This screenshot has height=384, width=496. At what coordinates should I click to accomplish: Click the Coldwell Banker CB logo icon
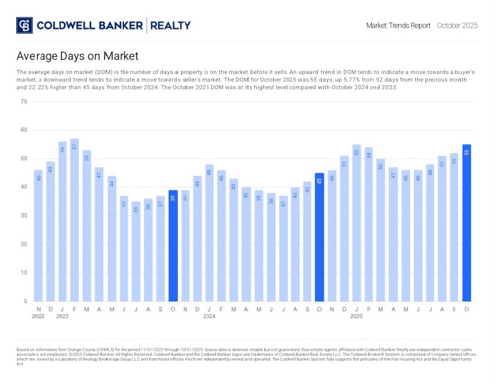point(24,26)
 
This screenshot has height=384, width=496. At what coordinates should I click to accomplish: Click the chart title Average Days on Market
point(78,56)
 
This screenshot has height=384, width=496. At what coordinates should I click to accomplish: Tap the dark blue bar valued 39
point(173,246)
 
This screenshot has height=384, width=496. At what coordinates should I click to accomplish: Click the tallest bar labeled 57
point(75,220)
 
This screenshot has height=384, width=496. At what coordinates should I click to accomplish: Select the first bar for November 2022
point(38,236)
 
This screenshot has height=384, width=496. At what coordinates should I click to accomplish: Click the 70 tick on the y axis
point(24,101)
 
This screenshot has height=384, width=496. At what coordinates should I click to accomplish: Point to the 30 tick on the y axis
point(24,215)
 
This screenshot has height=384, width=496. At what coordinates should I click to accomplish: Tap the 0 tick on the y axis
point(26,301)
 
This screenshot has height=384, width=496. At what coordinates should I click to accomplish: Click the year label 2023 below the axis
point(63,316)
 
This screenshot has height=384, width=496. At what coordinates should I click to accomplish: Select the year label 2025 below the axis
point(356,316)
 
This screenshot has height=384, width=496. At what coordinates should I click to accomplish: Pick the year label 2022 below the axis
point(38,316)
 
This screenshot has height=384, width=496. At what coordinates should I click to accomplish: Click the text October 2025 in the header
point(457,26)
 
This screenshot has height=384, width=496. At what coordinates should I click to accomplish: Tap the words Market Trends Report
point(398,26)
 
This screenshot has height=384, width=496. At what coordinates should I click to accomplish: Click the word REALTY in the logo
point(170,26)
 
